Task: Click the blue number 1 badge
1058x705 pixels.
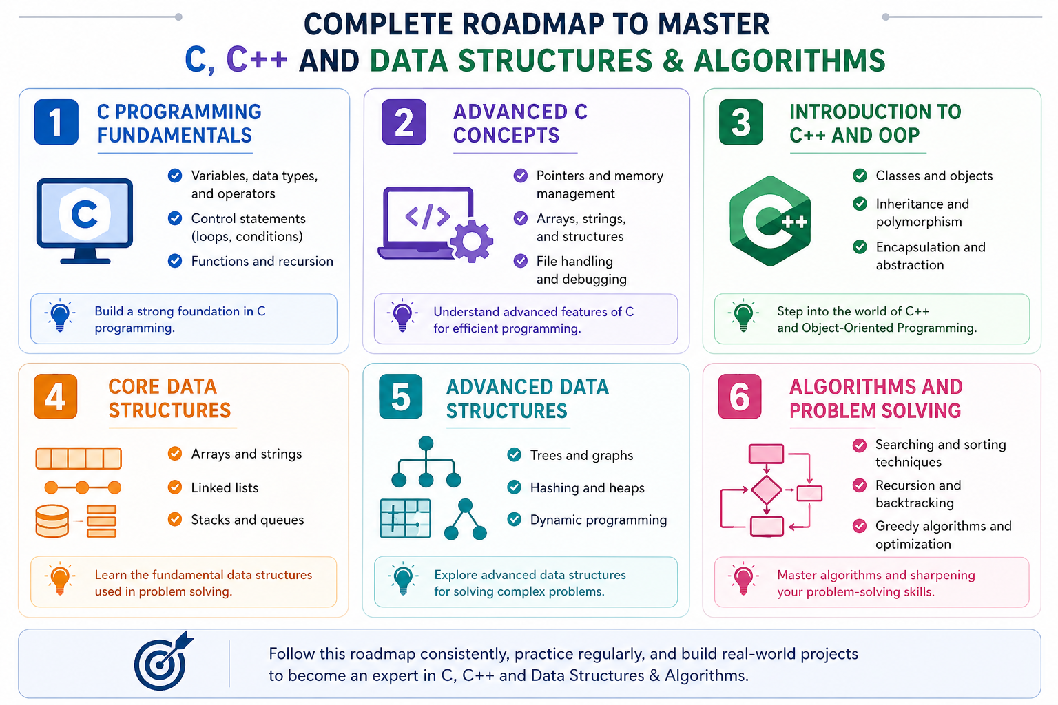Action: tap(56, 123)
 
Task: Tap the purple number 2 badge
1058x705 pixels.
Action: tap(404, 123)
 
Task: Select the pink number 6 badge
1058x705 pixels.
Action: tap(739, 397)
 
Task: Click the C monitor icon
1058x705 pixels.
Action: tap(84, 219)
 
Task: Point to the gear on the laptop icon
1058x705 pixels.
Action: tap(472, 241)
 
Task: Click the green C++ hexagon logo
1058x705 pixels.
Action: tap(770, 221)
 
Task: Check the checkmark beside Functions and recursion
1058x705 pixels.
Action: tap(175, 261)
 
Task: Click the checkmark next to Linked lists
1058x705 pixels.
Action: tap(175, 487)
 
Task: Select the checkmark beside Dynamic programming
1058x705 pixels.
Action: tap(514, 519)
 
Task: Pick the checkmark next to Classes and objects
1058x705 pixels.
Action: tap(860, 176)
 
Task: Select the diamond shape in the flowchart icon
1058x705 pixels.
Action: tap(766, 490)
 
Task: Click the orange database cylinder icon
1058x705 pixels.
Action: tap(52, 521)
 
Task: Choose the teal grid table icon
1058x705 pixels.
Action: tap(405, 518)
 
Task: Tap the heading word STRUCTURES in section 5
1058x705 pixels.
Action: tap(506, 411)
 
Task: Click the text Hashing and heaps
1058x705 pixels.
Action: tap(587, 487)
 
